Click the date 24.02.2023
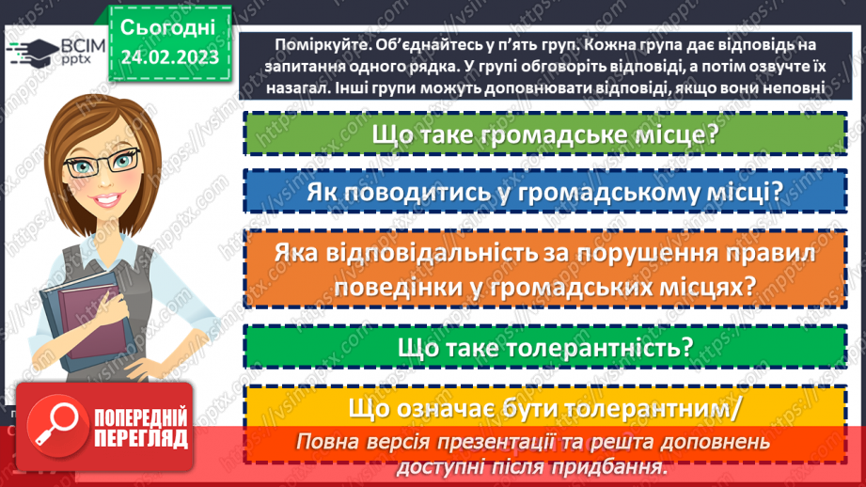coord(168,56)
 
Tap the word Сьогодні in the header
coord(168,25)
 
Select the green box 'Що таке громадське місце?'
coord(545,134)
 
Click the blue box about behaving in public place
coord(545,192)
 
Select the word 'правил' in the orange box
coord(770,254)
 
